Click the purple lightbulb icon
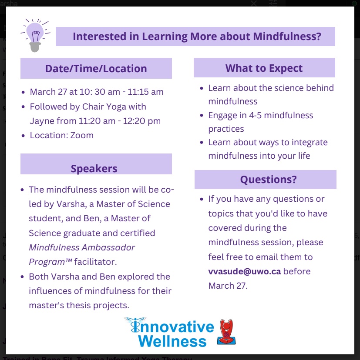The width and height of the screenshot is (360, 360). tap(35, 35)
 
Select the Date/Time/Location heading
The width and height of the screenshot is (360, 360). tap(96, 68)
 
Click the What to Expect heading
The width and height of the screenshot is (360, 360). tap(264, 68)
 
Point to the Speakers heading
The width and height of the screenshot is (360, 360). tap(94, 169)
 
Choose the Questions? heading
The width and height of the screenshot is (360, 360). tap(269, 179)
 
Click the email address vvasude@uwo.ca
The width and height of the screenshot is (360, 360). tap(245, 271)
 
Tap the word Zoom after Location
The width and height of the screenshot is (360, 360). tap(82, 135)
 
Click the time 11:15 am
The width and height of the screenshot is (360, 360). tap(145, 92)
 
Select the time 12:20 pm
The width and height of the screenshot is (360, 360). tap(142, 121)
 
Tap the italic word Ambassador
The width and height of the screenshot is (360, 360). tap(108, 247)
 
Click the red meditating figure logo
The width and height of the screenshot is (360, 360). tap(226, 332)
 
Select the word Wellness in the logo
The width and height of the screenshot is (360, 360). tap(172, 341)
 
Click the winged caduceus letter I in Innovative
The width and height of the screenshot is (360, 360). tap(135, 325)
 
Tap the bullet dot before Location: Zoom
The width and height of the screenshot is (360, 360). tap(23, 136)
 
